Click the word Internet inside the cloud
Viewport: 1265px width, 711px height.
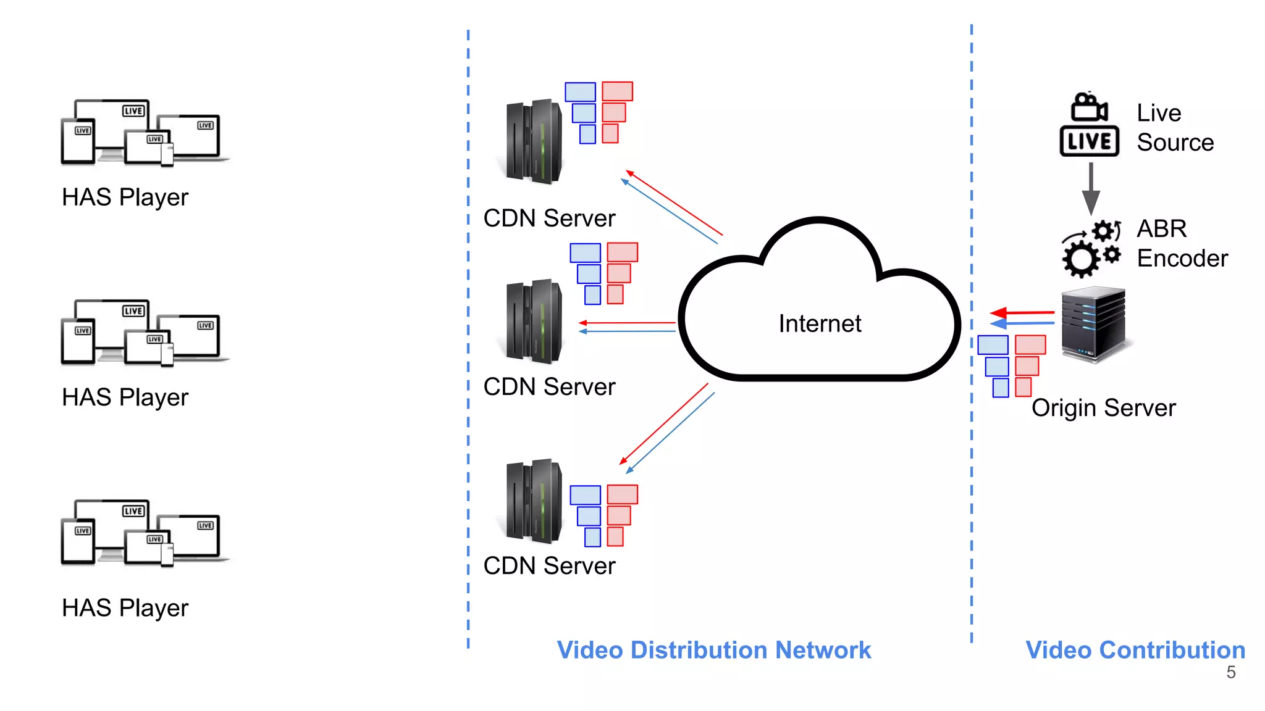pos(819,323)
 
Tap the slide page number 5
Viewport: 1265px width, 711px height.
pos(1230,672)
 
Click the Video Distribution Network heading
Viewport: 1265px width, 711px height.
pos(713,650)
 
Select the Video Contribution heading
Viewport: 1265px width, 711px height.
pos(1135,650)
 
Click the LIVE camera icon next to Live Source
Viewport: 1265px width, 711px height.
pos(1089,125)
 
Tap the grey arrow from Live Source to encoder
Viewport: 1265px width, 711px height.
pos(1091,188)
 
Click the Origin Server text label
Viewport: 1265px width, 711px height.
pos(1103,408)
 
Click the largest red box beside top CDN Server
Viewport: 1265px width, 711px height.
pos(617,91)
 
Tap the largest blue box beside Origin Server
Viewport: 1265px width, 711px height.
pos(993,345)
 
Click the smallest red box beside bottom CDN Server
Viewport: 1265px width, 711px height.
pos(615,537)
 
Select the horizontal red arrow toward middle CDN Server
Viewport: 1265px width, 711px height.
pos(627,323)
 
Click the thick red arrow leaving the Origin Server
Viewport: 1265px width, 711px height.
pos(1022,313)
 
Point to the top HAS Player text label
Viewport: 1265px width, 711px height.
pos(125,197)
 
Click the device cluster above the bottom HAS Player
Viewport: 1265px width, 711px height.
pos(143,533)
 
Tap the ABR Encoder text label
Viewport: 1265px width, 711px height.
pos(1181,244)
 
